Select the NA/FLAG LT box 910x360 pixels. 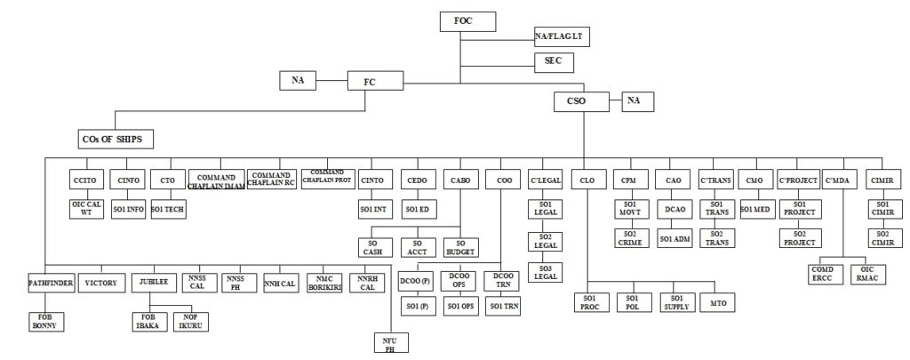563,36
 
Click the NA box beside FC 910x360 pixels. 298,80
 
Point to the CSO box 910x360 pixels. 577,101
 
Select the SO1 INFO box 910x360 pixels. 129,209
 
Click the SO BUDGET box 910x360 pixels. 459,246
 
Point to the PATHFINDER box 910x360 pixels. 49,284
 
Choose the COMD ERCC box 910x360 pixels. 820,274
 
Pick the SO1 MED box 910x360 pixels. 754,209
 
